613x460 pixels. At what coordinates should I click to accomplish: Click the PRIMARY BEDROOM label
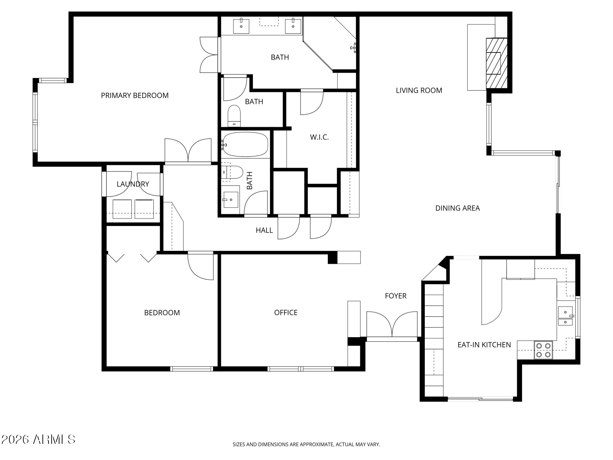click(135, 96)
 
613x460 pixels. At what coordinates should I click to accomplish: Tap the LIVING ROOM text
click(419, 91)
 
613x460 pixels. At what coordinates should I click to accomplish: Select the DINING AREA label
click(457, 208)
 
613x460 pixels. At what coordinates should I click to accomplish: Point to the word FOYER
click(395, 296)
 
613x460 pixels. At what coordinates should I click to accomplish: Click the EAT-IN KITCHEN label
click(484, 345)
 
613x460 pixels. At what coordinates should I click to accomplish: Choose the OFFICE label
click(285, 313)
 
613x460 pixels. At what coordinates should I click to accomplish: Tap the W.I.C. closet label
click(319, 137)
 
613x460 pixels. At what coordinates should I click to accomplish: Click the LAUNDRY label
click(133, 184)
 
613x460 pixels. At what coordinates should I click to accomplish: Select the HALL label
click(264, 230)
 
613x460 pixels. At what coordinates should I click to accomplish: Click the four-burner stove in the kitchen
click(543, 350)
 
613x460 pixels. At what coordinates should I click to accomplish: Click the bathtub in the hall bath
click(245, 144)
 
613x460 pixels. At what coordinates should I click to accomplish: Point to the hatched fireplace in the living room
click(497, 63)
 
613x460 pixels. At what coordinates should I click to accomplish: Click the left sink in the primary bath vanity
click(241, 26)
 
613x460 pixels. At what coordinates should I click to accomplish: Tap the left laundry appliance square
click(122, 209)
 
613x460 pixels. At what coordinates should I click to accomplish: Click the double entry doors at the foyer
click(392, 325)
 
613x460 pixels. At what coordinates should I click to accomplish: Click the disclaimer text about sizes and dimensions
click(306, 445)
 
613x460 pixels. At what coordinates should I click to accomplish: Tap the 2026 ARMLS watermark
click(38, 439)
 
